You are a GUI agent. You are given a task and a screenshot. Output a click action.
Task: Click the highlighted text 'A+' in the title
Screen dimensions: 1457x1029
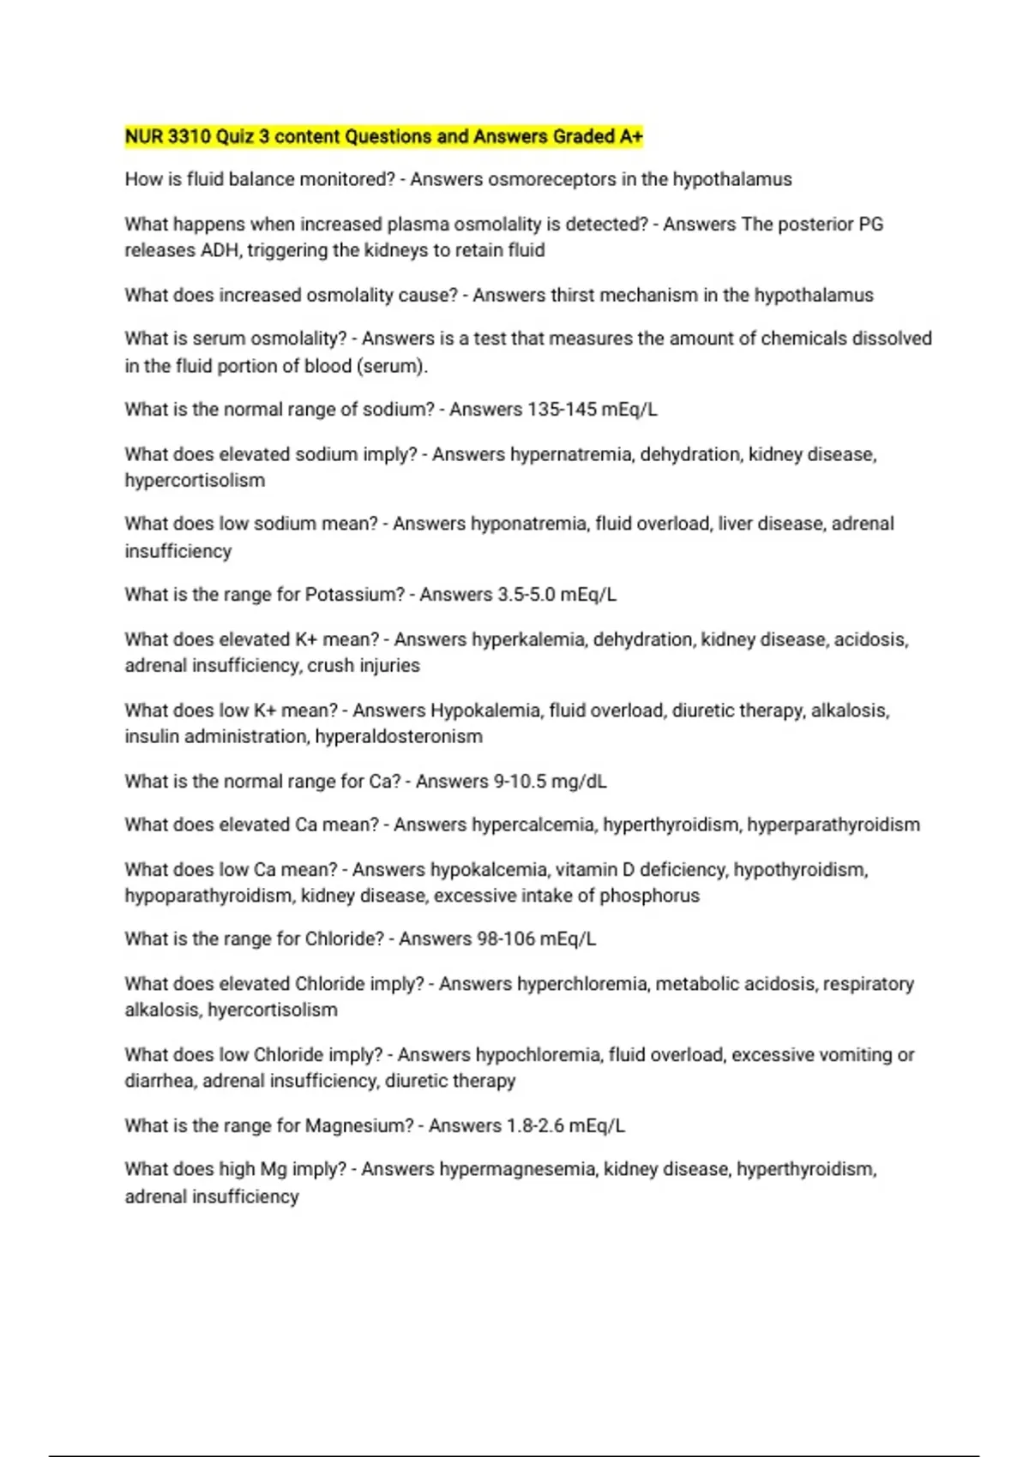[631, 136]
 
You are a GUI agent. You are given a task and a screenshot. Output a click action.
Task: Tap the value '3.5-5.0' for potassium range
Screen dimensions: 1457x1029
[526, 595]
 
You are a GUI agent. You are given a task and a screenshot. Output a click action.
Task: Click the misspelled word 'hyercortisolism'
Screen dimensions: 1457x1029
[273, 1010]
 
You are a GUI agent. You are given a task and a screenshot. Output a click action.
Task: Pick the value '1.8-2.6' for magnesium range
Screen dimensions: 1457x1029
[535, 1126]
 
